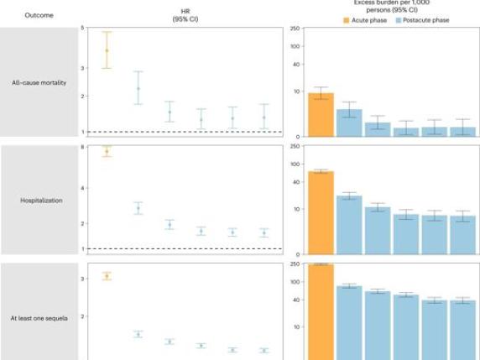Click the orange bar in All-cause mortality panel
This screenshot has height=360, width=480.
(321, 115)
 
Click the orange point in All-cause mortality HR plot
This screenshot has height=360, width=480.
(107, 50)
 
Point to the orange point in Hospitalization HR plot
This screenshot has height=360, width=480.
(107, 151)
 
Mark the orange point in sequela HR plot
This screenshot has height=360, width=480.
(107, 276)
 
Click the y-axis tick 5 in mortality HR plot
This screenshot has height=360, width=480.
(82, 28)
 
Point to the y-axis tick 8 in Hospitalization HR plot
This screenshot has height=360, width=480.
(82, 147)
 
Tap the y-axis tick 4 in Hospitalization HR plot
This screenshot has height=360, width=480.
(82, 187)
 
